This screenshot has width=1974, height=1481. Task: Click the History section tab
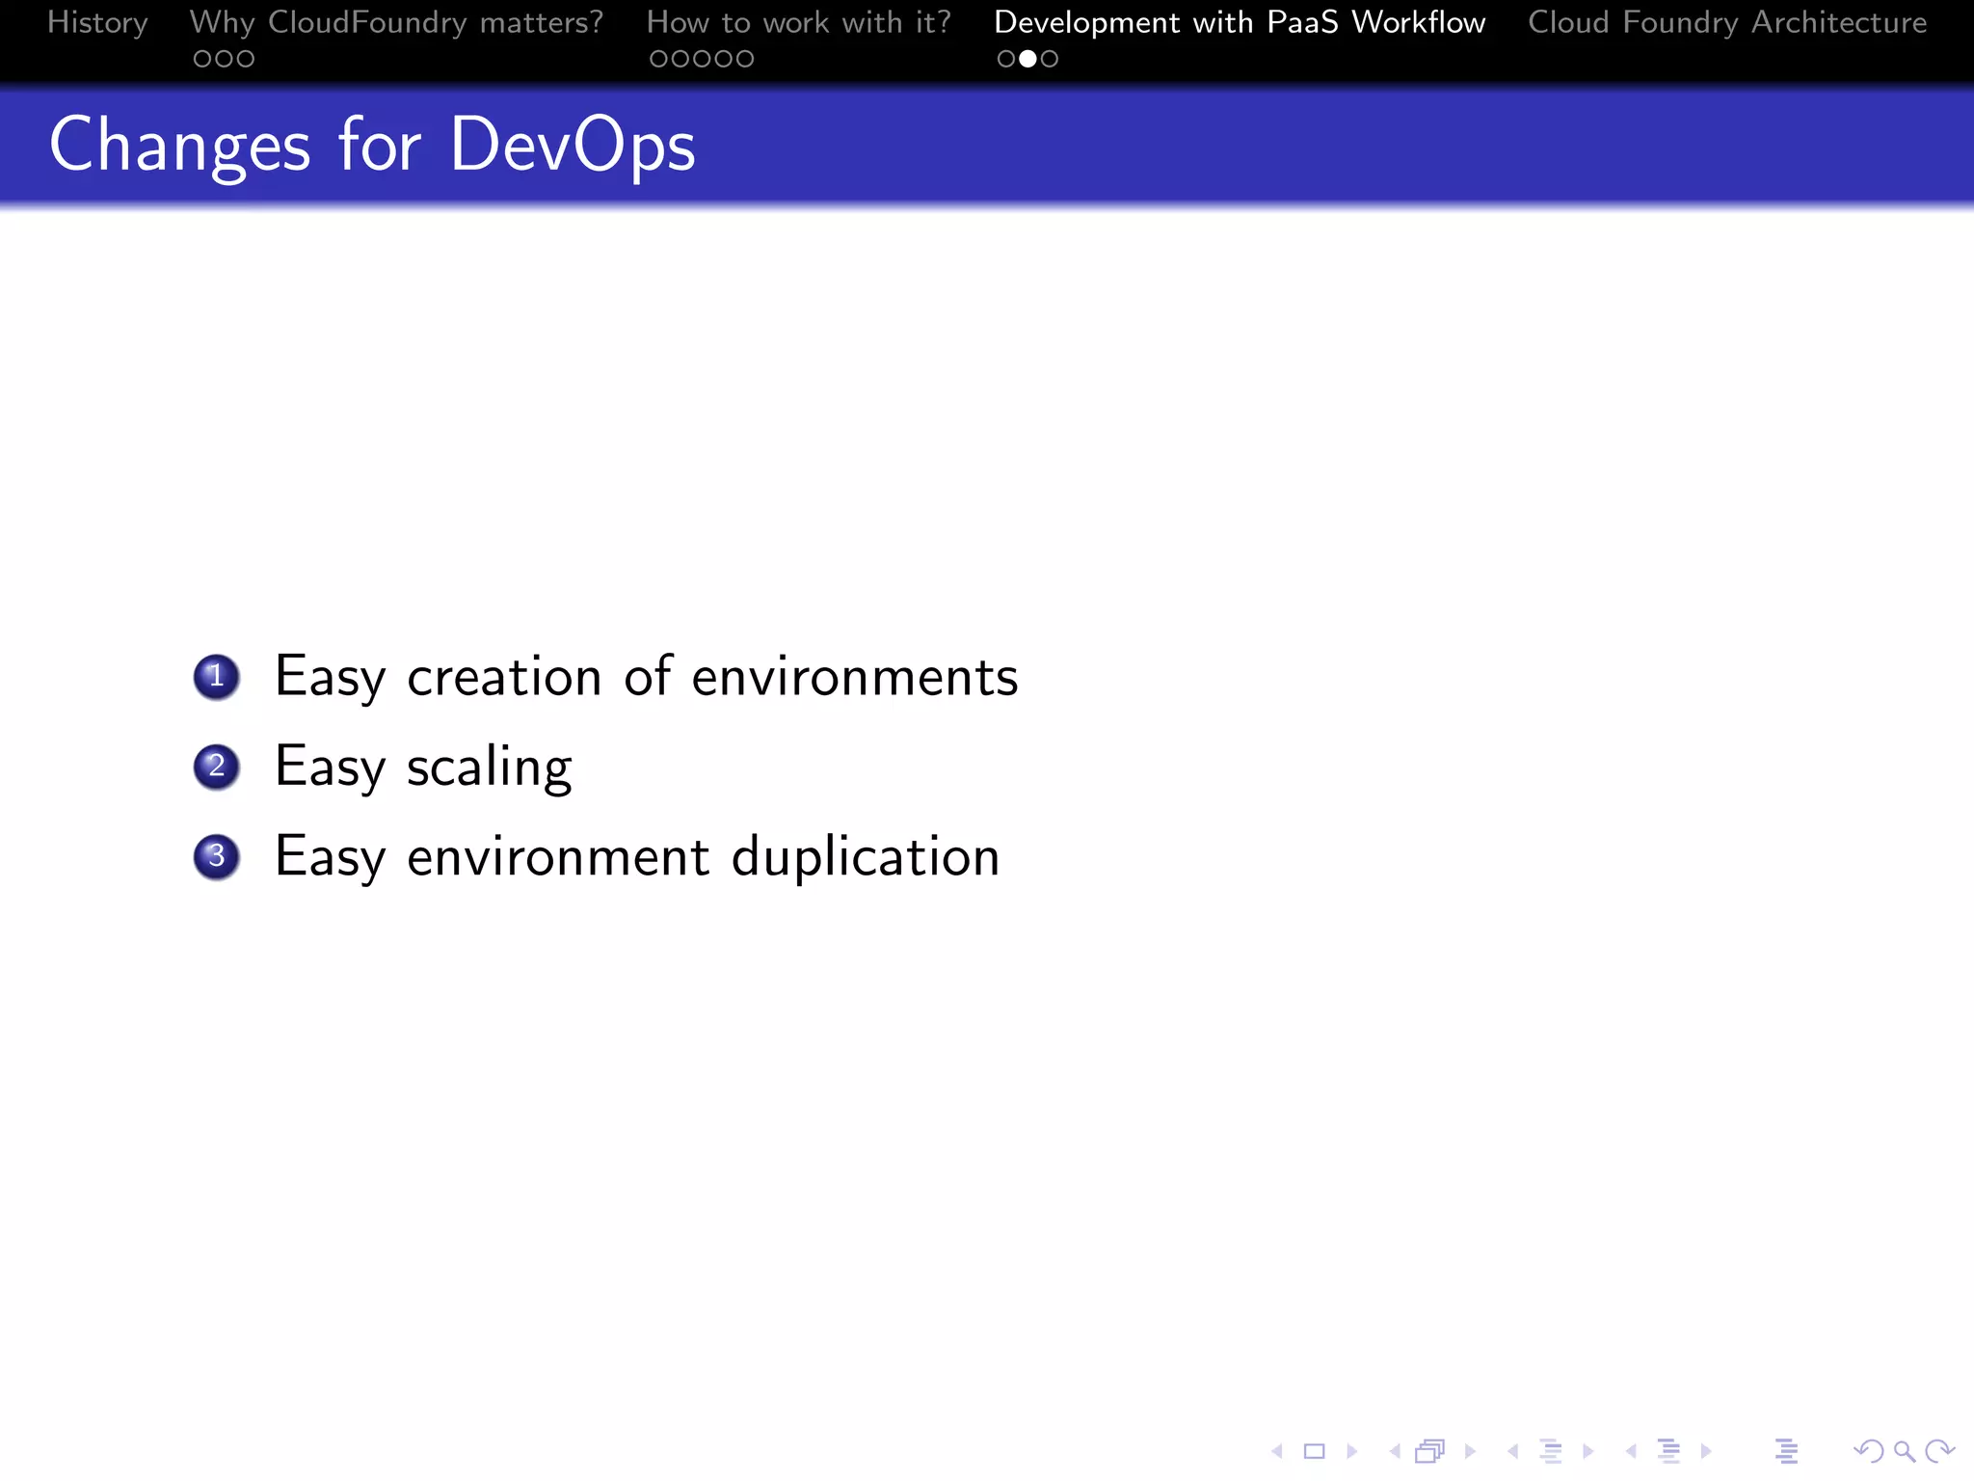tap(97, 22)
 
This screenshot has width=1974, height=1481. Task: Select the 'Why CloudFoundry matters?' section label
tap(396, 22)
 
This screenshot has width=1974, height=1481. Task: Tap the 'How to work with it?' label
tap(798, 22)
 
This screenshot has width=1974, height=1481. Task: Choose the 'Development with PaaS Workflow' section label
tap(1240, 22)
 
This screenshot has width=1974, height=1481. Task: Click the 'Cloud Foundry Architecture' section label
tap(1727, 22)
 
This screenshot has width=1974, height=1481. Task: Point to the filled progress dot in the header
tap(1027, 59)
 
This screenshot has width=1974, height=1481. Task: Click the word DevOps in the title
tap(573, 146)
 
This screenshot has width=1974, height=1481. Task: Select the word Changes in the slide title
tap(180, 146)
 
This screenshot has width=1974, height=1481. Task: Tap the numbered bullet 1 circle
tap(217, 677)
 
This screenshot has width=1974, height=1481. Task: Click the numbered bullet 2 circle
tap(217, 767)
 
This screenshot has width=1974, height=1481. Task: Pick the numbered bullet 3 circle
tap(217, 856)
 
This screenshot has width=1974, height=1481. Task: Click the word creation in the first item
tap(504, 677)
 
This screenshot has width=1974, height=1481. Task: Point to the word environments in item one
tap(854, 677)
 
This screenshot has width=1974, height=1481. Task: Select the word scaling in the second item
tap(489, 768)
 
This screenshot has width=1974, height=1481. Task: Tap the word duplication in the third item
tap(865, 856)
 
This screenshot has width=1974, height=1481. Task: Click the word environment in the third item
tap(558, 856)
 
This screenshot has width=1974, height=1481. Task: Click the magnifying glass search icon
tap(1904, 1451)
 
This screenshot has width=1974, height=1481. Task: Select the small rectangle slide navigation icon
tap(1315, 1451)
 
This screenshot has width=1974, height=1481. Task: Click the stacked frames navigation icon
tap(1430, 1451)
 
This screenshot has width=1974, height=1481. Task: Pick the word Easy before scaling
tap(330, 768)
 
